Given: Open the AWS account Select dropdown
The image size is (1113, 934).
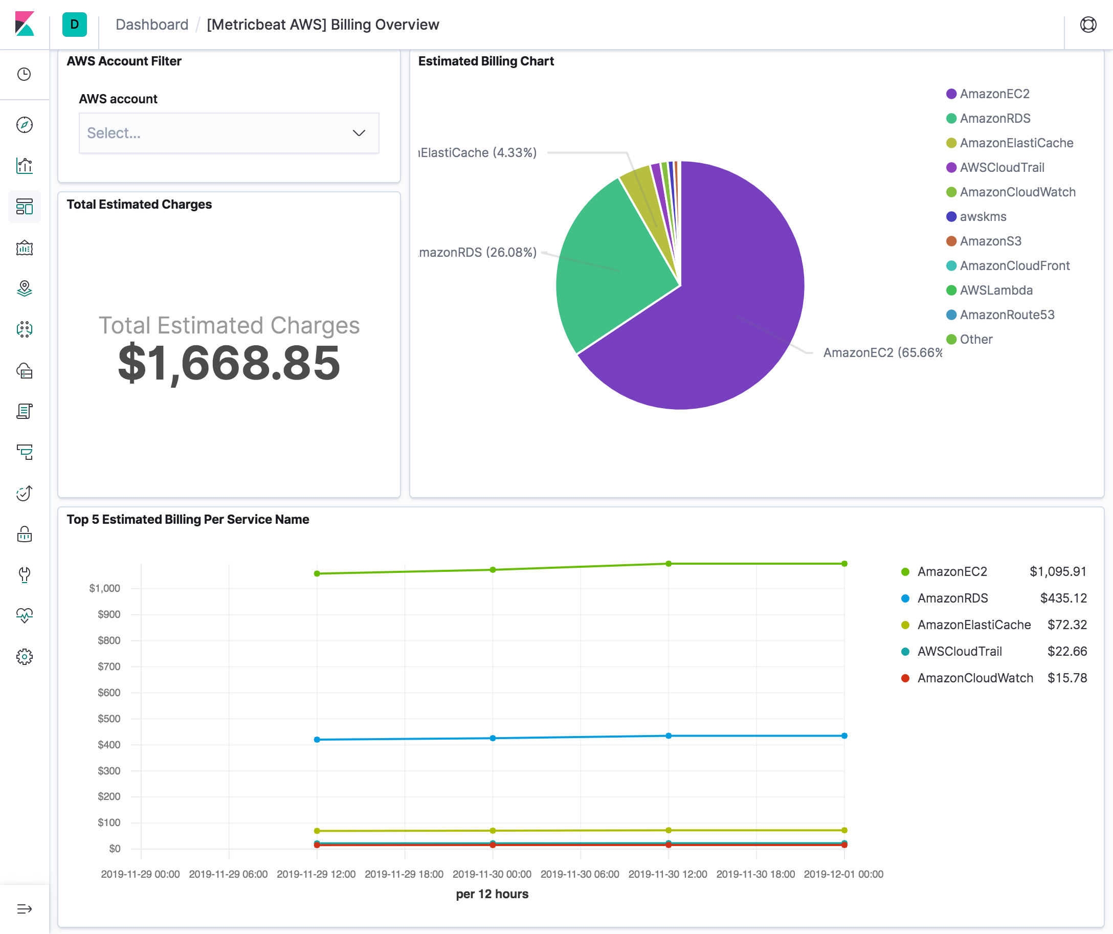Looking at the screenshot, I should pyautogui.click(x=229, y=133).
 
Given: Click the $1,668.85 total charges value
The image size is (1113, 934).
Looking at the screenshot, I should pyautogui.click(x=229, y=363).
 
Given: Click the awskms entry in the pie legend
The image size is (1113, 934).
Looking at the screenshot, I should pyautogui.click(x=983, y=217).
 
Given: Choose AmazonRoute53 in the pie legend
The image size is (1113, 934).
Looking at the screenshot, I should pyautogui.click(x=1007, y=315).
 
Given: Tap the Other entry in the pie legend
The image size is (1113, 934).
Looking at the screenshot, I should pyautogui.click(x=976, y=339).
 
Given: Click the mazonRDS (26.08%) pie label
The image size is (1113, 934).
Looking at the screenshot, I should pyautogui.click(x=478, y=252).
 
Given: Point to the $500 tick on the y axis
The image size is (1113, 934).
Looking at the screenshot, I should pyautogui.click(x=108, y=719).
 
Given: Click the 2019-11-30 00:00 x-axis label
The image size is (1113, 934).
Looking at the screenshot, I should pyautogui.click(x=492, y=874).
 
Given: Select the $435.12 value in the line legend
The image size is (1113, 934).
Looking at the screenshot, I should pyautogui.click(x=1063, y=598).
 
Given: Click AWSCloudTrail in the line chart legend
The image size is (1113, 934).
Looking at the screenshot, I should pyautogui.click(x=960, y=652).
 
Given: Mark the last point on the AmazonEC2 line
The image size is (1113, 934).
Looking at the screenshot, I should pyautogui.click(x=844, y=564).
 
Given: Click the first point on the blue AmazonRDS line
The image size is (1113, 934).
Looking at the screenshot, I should pyautogui.click(x=317, y=740).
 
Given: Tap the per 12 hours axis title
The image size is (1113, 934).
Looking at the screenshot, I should pyautogui.click(x=492, y=894).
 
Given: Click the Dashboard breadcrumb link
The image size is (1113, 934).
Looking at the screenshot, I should pyautogui.click(x=151, y=25).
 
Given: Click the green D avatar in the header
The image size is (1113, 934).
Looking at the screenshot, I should pyautogui.click(x=74, y=25).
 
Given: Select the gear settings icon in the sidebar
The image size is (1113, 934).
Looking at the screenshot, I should pyautogui.click(x=25, y=657).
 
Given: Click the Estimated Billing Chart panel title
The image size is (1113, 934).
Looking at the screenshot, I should pyautogui.click(x=485, y=61).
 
